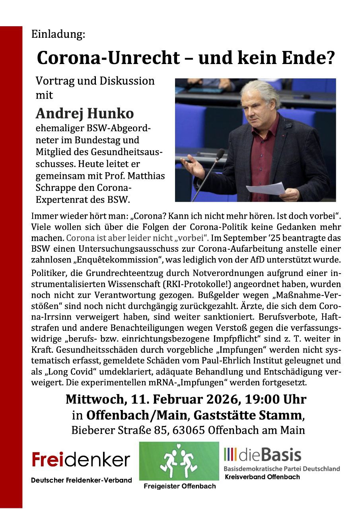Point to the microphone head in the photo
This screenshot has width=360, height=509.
(220, 154)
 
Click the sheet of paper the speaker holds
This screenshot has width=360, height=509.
(266, 188)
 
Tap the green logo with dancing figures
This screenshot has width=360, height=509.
(179, 461)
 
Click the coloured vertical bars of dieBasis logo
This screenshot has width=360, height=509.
(233, 455)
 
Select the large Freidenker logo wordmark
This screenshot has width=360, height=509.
(81, 460)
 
